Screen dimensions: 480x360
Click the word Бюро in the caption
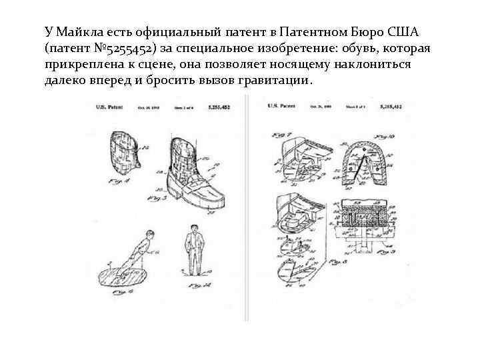tap(372, 33)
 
